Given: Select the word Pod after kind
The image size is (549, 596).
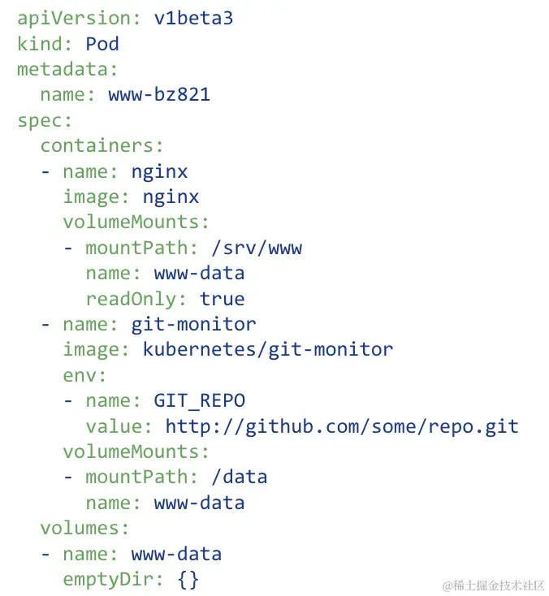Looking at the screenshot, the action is (x=102, y=43).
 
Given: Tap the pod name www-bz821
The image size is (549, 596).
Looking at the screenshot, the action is (x=159, y=94).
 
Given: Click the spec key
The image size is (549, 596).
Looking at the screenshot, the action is (x=44, y=120).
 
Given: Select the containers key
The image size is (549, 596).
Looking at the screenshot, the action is (x=102, y=145).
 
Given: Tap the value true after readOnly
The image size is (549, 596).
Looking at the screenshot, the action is (x=222, y=299).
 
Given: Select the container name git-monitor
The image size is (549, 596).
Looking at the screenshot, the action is (x=193, y=324).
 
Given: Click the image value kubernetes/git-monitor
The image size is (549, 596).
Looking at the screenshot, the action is (x=267, y=350).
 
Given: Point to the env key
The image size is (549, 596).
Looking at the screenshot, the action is (x=84, y=375).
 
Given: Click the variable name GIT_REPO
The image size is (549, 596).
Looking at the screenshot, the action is (x=199, y=400).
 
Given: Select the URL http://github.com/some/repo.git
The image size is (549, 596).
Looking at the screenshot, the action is (x=341, y=426).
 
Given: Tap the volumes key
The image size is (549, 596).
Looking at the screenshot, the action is (x=84, y=529).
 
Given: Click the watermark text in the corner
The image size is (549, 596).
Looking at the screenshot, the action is (x=491, y=585).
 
